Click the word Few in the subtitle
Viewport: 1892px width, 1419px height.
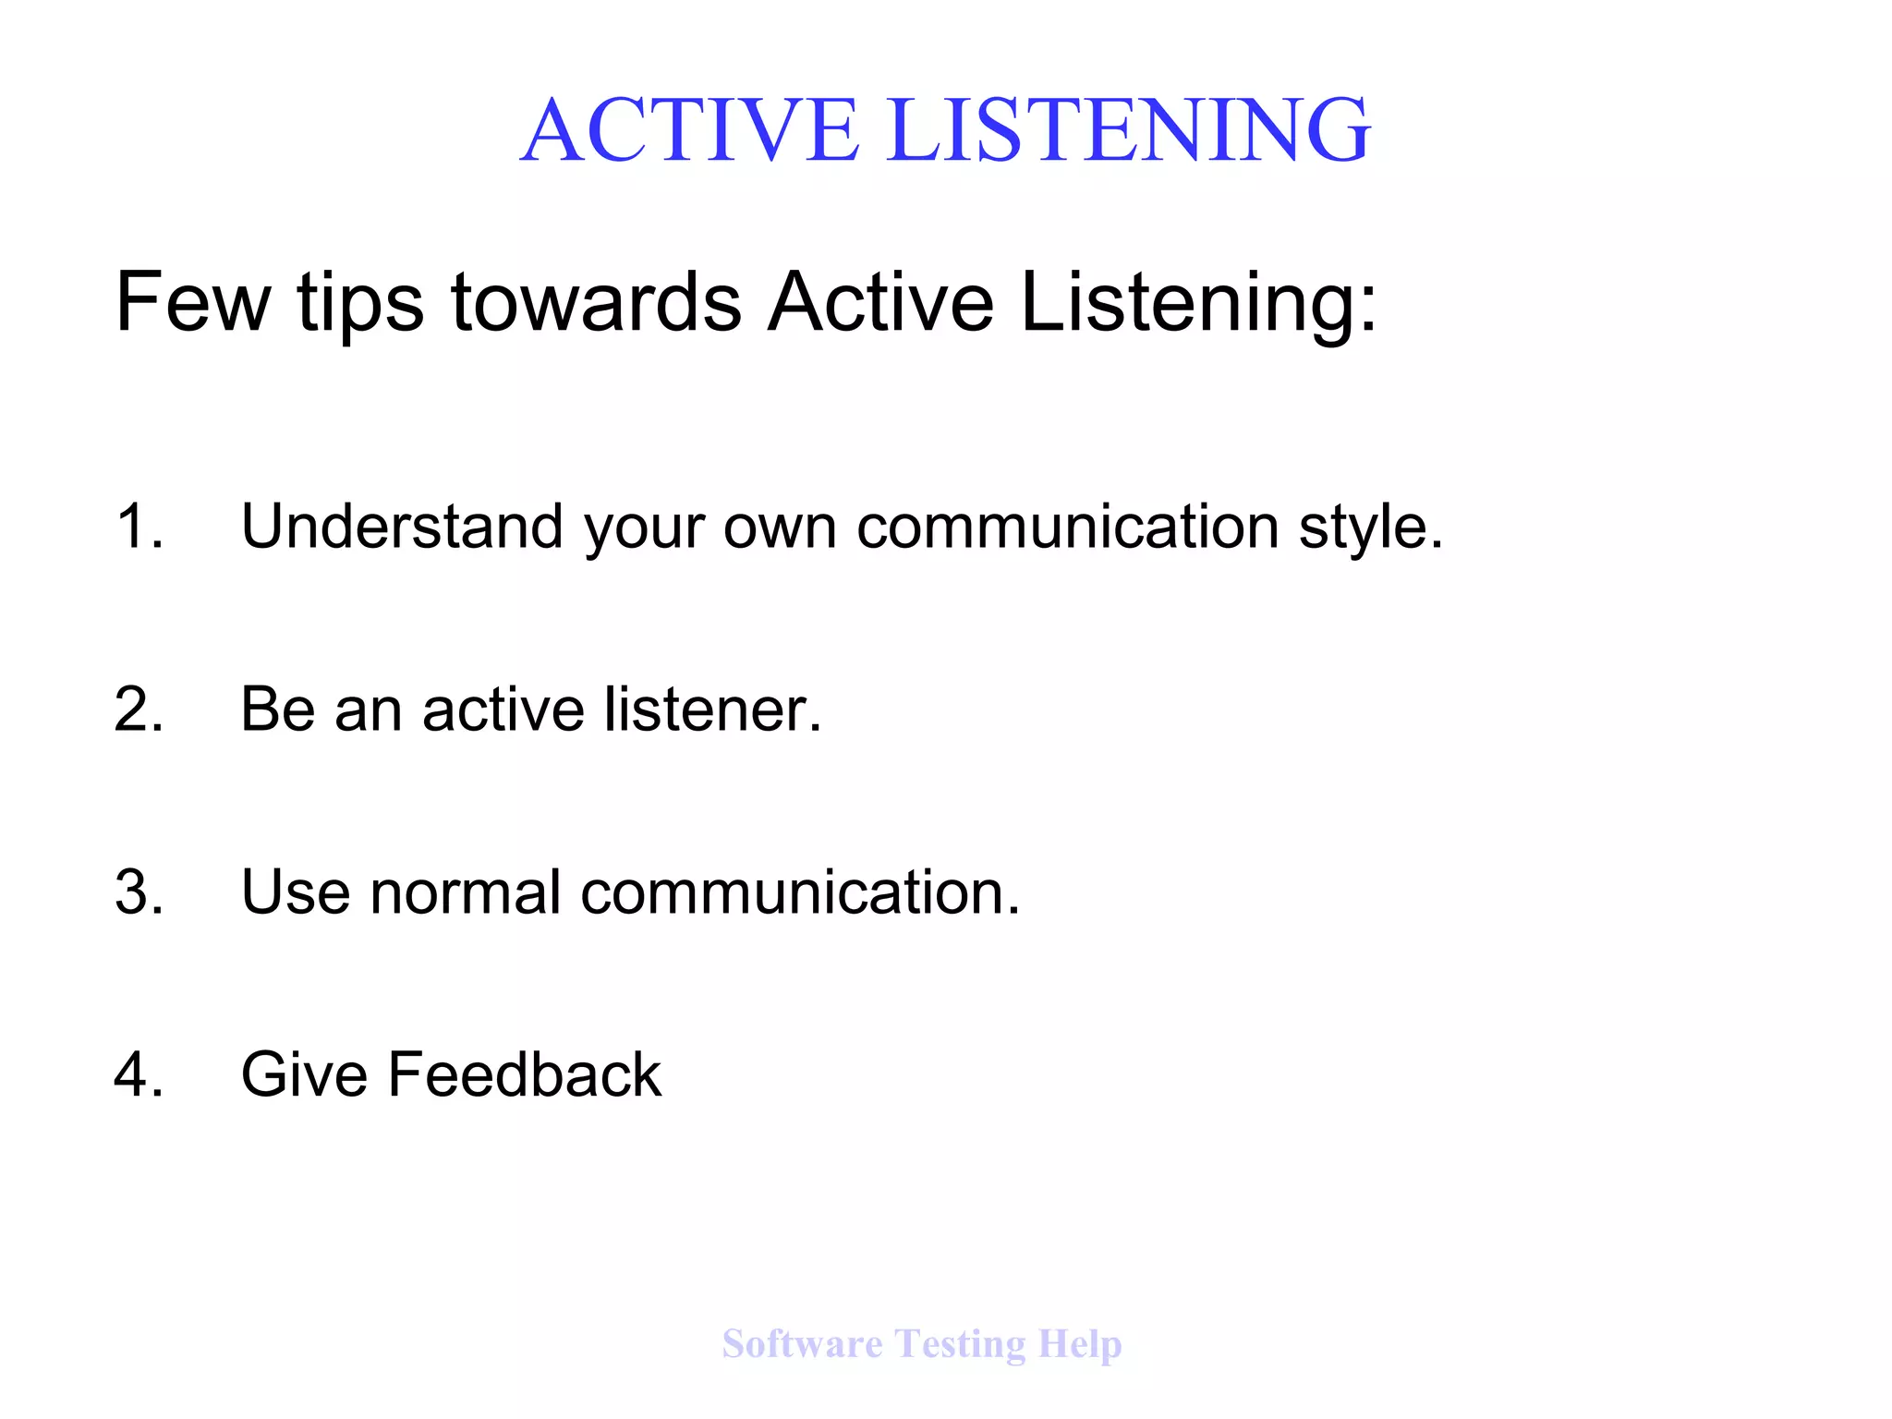coord(192,302)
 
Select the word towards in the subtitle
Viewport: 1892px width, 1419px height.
coord(596,302)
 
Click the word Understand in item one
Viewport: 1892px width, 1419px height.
coord(402,527)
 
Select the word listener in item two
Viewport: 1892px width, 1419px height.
coord(711,709)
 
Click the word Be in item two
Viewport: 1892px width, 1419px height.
coord(277,709)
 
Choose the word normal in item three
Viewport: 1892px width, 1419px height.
coord(466,892)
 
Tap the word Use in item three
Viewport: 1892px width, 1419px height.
coord(296,892)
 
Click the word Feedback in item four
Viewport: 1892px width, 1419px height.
coord(524,1074)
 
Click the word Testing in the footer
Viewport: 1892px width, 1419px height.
coord(960,1344)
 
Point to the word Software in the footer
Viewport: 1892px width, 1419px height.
coord(802,1343)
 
